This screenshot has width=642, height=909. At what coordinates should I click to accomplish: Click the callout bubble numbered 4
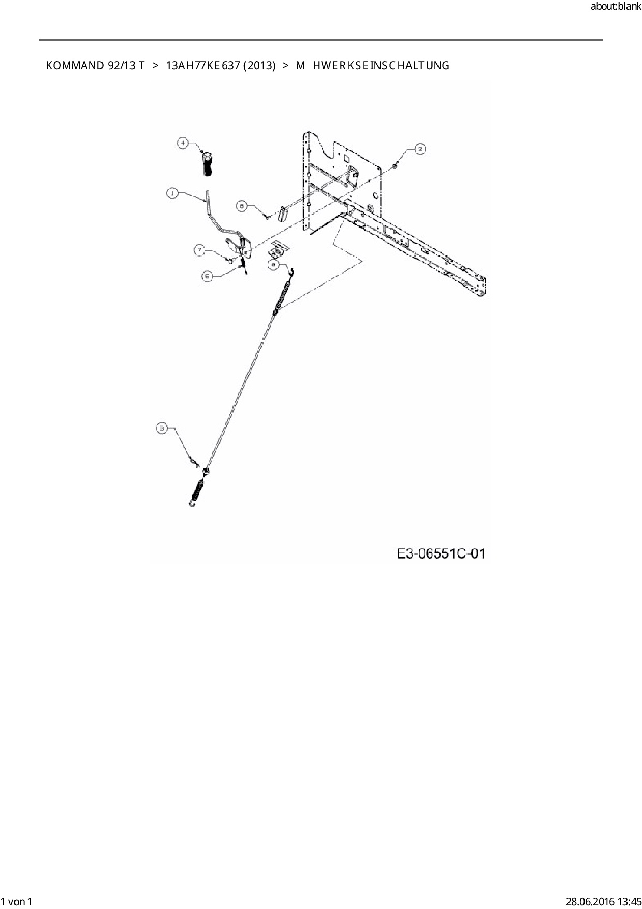click(x=183, y=143)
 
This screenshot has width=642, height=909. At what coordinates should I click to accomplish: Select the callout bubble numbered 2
click(x=420, y=149)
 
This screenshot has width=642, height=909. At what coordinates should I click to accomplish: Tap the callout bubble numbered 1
click(x=172, y=193)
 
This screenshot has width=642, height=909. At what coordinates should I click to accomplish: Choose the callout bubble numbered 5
click(x=207, y=277)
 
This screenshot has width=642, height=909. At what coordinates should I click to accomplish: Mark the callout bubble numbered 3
click(x=163, y=428)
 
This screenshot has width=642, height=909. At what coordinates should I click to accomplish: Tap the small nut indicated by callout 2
click(x=395, y=165)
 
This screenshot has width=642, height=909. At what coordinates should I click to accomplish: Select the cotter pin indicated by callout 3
click(x=194, y=461)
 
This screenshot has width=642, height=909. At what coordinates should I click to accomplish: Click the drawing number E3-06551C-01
click(x=441, y=553)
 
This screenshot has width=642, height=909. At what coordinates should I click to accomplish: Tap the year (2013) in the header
click(x=259, y=66)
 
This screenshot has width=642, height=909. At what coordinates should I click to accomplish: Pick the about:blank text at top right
click(x=616, y=7)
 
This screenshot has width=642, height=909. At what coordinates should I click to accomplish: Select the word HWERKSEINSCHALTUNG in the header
click(x=381, y=66)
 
